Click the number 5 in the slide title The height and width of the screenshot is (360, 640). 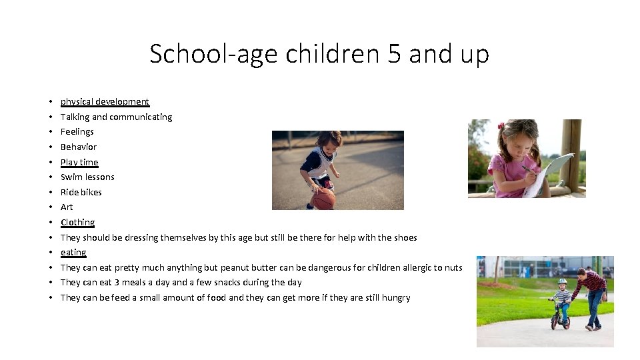pos(394,53)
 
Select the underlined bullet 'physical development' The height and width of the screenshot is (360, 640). pos(105,101)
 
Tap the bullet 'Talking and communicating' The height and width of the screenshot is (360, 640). pos(116,117)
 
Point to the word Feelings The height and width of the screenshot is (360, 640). pos(77,132)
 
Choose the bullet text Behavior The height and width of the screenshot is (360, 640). pos(79,147)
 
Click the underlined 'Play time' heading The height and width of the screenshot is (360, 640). pos(79,162)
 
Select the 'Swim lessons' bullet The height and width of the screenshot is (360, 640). pos(87,177)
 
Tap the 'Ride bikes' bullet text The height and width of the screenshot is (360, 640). pos(81,192)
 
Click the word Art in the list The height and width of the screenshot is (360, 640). pos(67,207)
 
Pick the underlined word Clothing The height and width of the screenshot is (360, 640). pos(77,222)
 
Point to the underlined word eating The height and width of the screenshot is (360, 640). pos(73,252)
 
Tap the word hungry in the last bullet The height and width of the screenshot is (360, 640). pos(396,297)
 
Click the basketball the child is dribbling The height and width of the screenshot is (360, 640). pos(323,199)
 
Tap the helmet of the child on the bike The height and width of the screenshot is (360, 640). pos(562,282)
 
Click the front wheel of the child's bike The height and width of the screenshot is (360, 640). pos(554,321)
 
